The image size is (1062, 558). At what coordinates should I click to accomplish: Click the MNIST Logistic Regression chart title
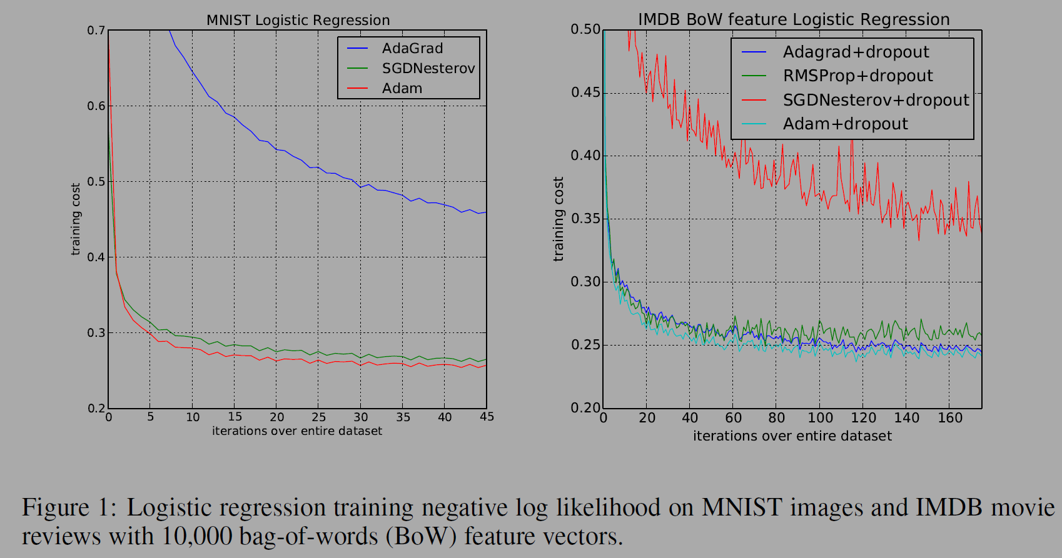[298, 20]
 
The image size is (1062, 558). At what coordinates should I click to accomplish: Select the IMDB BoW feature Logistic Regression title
[793, 19]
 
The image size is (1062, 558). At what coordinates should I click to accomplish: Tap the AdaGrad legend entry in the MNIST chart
[412, 49]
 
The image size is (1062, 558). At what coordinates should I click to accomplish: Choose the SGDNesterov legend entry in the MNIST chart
[428, 69]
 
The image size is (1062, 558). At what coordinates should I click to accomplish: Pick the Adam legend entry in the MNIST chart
[402, 89]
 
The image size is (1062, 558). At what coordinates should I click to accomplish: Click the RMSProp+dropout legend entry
[857, 76]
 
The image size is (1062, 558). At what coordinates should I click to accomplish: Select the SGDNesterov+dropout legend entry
[876, 100]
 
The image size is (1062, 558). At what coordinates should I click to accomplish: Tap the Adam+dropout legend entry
[845, 124]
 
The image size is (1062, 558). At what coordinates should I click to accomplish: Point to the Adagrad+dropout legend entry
[856, 52]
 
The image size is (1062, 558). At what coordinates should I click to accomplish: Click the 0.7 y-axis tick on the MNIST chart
[96, 31]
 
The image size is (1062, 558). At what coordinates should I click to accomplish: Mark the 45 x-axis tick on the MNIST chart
[487, 417]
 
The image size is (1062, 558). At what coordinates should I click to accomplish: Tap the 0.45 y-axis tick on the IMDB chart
[585, 93]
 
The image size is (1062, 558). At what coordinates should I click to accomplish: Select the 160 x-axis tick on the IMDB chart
[950, 417]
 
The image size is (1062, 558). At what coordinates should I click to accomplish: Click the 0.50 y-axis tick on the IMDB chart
[585, 29]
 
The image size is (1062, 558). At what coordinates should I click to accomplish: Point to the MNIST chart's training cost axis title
[76, 219]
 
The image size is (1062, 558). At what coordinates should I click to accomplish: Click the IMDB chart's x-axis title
[792, 436]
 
